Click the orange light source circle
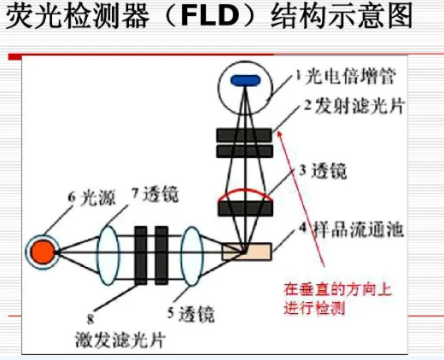pyautogui.click(x=43, y=252)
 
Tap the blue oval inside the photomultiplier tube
pyautogui.click(x=246, y=80)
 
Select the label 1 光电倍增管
pyautogui.click(x=346, y=77)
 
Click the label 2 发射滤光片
pyautogui.click(x=354, y=107)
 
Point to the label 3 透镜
pyautogui.click(x=323, y=171)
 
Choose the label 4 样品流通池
pyautogui.click(x=351, y=229)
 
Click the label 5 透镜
pyautogui.click(x=191, y=314)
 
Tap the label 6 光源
pyautogui.click(x=91, y=197)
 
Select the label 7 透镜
pyautogui.click(x=155, y=194)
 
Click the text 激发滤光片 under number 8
pyautogui.click(x=120, y=340)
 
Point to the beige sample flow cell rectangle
pyautogui.click(x=247, y=252)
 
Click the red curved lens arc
pyautogui.click(x=245, y=192)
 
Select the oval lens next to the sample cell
pyautogui.click(x=192, y=256)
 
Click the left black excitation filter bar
pyautogui.click(x=141, y=255)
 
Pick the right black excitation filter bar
pyautogui.click(x=161, y=255)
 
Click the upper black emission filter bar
pyautogui.click(x=244, y=135)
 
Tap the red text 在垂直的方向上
pyautogui.click(x=337, y=290)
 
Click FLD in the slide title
pyautogui.click(x=209, y=16)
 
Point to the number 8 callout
pyautogui.click(x=91, y=320)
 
